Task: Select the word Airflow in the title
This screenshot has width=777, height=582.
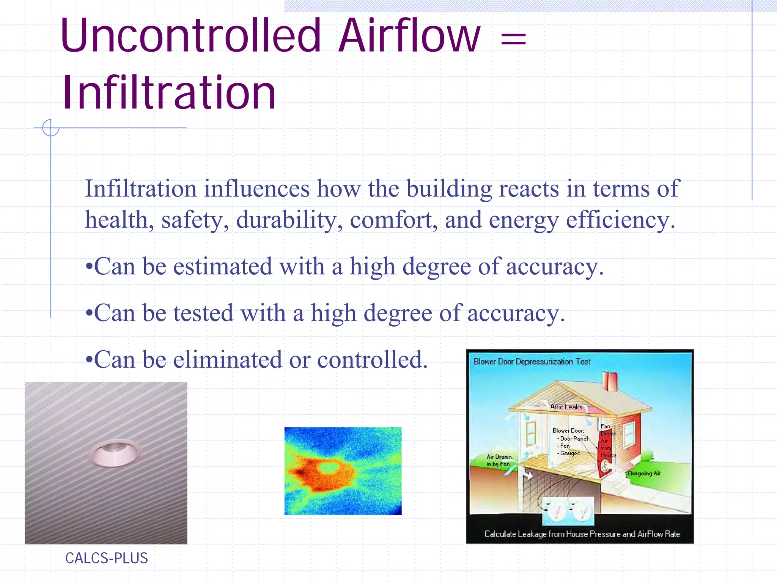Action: click(410, 36)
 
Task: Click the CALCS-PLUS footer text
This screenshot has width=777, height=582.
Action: click(106, 558)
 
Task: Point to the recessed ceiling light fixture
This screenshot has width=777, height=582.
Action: click(115, 453)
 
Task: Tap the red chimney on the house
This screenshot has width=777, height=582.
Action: click(610, 381)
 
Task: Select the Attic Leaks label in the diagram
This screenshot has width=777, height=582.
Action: click(566, 407)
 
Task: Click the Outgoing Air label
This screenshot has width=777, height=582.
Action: click(644, 473)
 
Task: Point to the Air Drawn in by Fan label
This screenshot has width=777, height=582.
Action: click(499, 460)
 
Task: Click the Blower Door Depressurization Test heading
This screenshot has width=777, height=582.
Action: click(532, 362)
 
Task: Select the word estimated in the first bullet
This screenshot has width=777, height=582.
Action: click(223, 266)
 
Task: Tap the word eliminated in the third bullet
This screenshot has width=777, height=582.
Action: click(228, 360)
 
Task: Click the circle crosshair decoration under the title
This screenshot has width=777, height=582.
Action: click(50, 128)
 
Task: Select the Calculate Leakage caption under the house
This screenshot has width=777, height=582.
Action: click(582, 534)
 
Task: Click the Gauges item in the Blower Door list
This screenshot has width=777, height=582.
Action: click(569, 453)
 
